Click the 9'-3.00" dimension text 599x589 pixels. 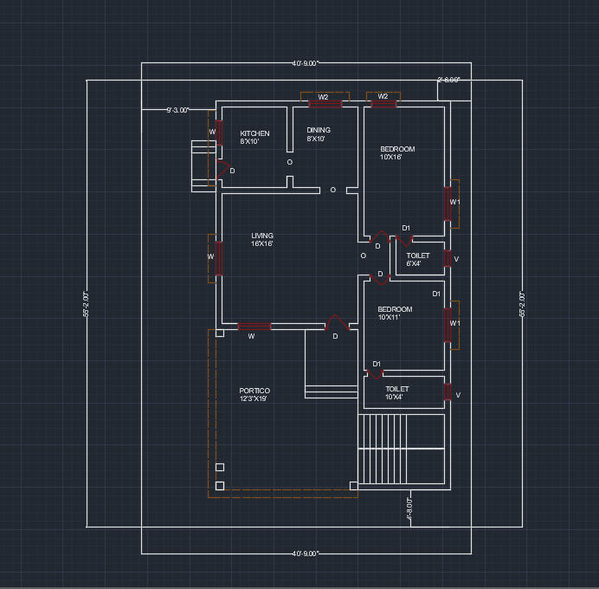(179, 110)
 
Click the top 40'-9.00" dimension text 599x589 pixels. (306, 63)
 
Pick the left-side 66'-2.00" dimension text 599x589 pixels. (87, 304)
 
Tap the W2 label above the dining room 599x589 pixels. (323, 97)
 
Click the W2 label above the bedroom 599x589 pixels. (383, 96)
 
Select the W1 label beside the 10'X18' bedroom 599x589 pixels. (454, 202)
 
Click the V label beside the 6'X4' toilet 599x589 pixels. (456, 259)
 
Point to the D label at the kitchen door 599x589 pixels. (232, 171)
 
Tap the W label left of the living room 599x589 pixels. (209, 256)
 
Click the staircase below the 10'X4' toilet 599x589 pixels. (402, 450)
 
